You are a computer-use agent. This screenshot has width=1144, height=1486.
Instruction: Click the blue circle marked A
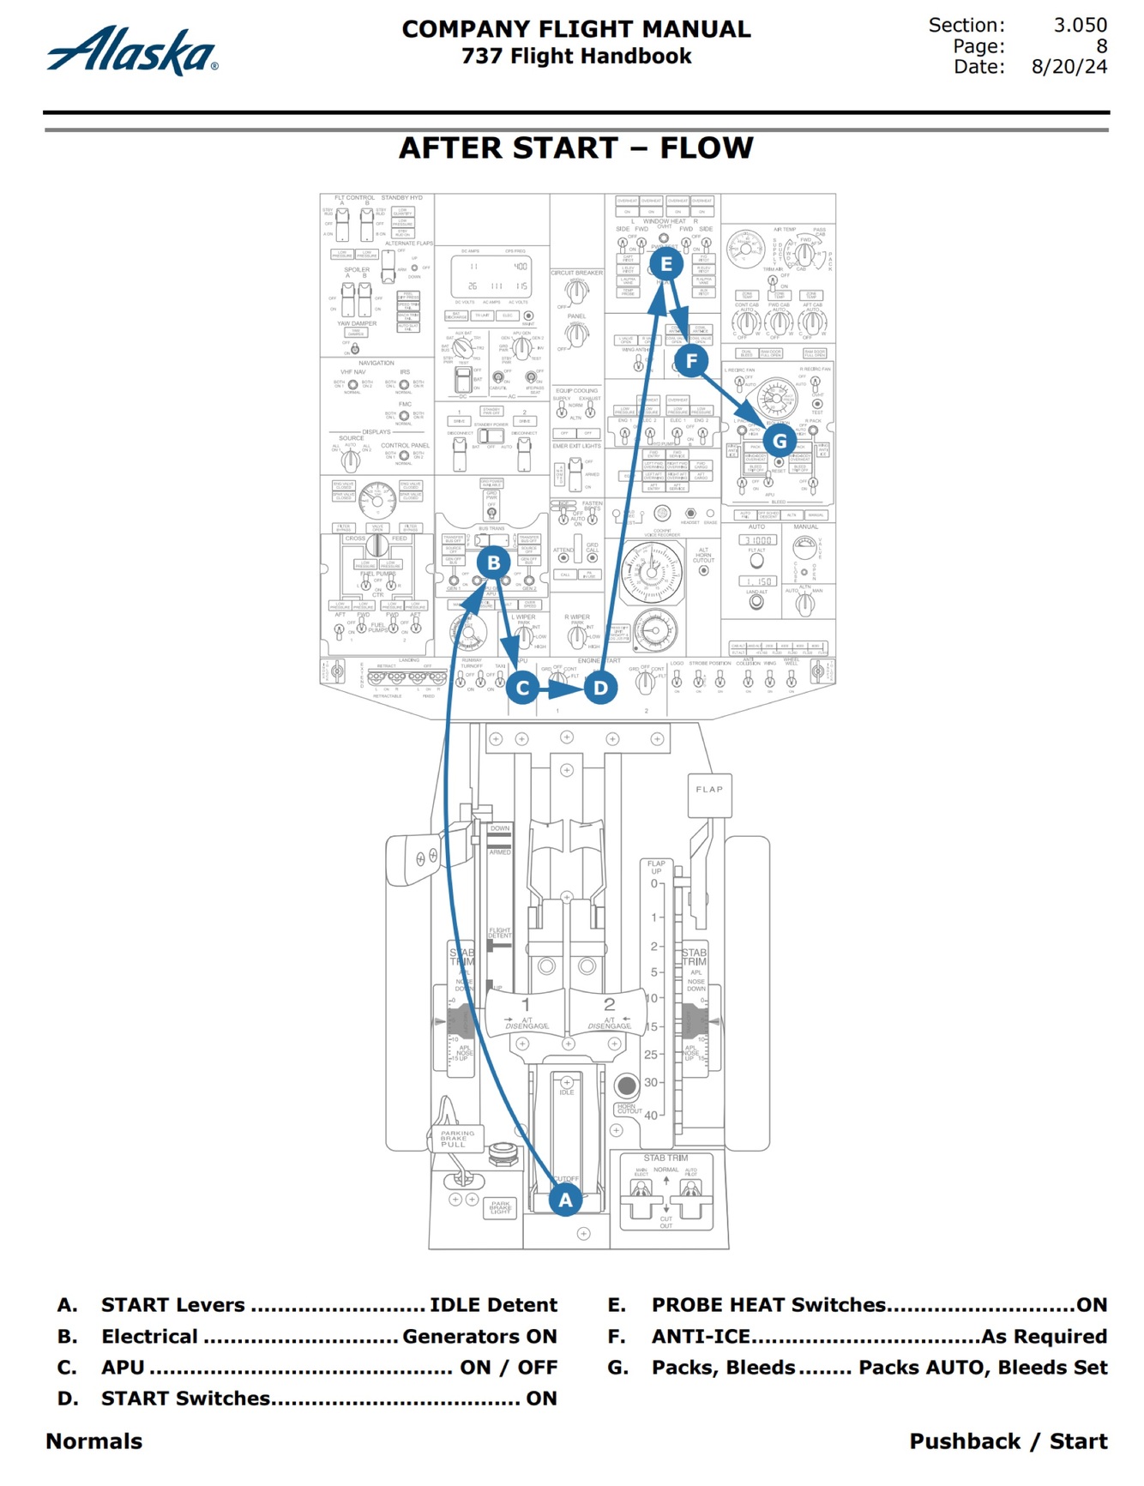pos(565,1200)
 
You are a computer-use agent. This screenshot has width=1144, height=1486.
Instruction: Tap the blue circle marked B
pos(493,563)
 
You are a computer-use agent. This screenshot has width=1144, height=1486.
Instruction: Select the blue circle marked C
pos(522,688)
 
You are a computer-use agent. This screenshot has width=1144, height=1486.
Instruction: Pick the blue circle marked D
pos(600,688)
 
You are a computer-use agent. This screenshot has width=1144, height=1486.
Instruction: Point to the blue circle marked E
pos(666,264)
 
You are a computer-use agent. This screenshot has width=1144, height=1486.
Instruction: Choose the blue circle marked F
pos(691,361)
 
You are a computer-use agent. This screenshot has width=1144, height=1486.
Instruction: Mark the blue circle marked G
pos(780,442)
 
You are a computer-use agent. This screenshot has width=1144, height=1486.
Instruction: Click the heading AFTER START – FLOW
pos(576,147)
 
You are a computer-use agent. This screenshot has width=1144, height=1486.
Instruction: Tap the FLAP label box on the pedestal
pos(709,790)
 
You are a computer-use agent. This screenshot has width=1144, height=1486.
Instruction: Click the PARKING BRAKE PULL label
pos(455,1139)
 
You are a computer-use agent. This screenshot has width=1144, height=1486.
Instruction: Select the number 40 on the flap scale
pos(651,1115)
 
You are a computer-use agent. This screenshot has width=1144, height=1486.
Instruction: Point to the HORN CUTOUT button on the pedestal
pos(627,1086)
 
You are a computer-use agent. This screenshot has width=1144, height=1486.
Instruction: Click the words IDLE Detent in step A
pos(493,1305)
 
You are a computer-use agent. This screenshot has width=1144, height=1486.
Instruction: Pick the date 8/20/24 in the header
pos(1069,67)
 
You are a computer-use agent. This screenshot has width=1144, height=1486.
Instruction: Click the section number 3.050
pos(1080,25)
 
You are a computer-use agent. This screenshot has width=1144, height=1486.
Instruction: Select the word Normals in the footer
pos(94,1441)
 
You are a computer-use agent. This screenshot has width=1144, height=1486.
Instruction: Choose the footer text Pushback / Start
pos(1009,1441)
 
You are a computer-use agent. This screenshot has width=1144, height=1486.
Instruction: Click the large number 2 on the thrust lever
pos(609,1004)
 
